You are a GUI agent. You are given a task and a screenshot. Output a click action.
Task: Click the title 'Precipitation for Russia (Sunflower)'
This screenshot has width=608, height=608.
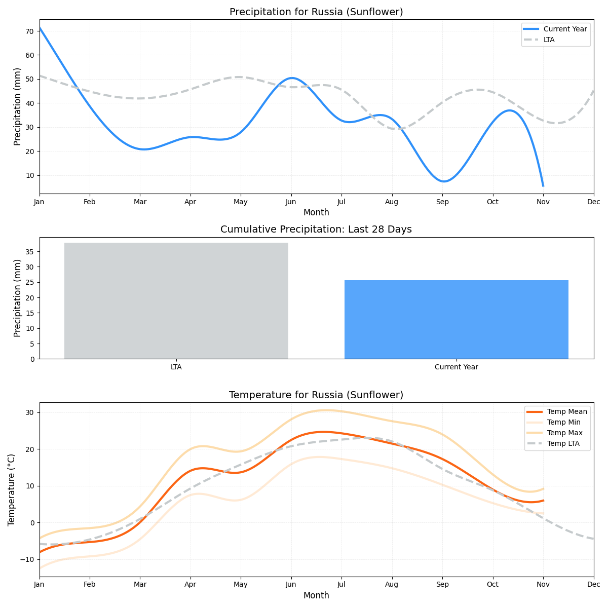(x=316, y=12)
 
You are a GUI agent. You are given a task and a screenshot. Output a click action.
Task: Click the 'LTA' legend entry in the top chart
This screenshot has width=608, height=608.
(x=549, y=40)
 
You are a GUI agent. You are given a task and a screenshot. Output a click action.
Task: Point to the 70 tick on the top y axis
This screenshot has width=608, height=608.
(x=29, y=31)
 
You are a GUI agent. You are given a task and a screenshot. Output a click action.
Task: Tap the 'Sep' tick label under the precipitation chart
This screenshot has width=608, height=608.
(x=442, y=202)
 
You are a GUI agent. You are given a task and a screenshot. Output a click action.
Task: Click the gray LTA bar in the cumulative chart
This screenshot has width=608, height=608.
(x=176, y=300)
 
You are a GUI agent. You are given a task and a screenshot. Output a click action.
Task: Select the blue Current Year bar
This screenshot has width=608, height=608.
(x=456, y=319)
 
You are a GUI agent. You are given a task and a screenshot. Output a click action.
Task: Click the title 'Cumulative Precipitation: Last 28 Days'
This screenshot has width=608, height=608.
(x=316, y=230)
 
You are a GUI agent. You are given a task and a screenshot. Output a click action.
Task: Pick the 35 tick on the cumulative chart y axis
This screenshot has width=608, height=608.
(x=30, y=252)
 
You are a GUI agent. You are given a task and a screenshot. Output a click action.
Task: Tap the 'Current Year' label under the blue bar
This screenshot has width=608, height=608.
(x=456, y=367)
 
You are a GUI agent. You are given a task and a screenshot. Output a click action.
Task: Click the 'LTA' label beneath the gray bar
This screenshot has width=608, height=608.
(x=176, y=367)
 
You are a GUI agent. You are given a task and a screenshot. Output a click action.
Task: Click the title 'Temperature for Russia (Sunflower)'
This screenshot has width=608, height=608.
(x=316, y=395)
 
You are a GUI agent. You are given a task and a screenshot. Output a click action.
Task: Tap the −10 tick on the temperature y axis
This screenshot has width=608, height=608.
(x=26, y=559)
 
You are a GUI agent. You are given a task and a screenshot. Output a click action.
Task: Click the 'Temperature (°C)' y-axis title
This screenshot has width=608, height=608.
(x=12, y=489)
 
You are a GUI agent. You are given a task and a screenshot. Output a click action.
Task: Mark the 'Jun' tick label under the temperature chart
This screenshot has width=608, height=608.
(x=291, y=585)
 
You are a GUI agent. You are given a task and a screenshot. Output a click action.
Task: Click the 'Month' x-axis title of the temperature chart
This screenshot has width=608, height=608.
(x=316, y=595)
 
